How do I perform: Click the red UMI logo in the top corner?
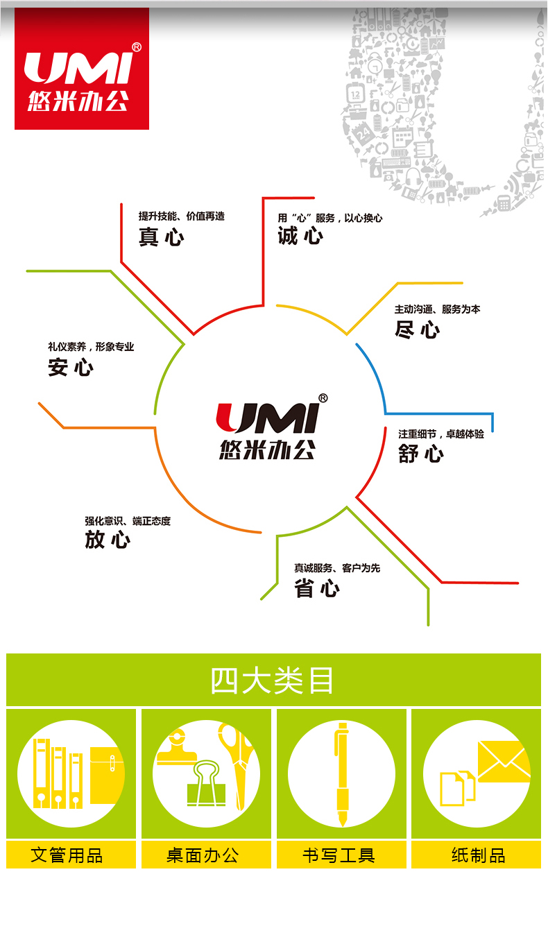coord(82,69)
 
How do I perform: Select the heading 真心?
coord(161,237)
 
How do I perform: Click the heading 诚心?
coord(300,236)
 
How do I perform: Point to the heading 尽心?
coord(417,329)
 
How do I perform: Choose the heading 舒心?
coord(420,454)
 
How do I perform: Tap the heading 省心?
coord(316,588)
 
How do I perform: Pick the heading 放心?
coord(108,539)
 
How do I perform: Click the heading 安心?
coord(70,367)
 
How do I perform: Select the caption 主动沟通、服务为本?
coord(437,309)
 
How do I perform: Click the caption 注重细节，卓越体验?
coord(441,434)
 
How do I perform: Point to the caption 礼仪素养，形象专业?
coord(91,346)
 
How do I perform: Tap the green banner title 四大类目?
coord(273,681)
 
